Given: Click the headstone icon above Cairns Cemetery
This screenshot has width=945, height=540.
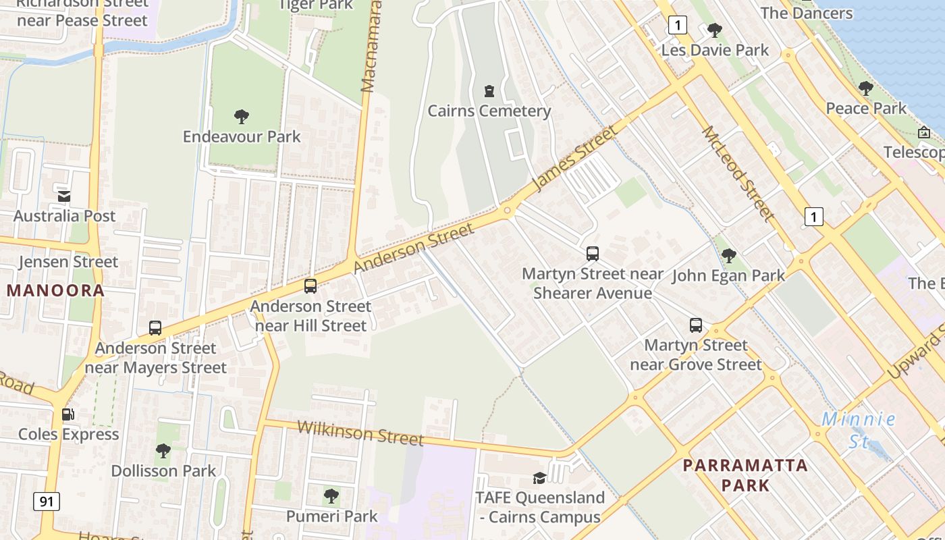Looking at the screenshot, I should tap(489, 90).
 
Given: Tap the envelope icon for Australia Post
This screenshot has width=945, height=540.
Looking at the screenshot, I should tap(64, 196).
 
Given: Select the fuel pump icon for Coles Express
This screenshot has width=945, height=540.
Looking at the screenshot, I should tap(68, 414).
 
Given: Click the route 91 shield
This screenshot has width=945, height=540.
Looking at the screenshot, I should tap(46, 502).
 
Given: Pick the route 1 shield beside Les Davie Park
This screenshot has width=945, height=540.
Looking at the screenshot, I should tap(678, 26).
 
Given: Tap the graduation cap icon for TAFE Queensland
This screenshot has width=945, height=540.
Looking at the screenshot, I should tap(539, 478).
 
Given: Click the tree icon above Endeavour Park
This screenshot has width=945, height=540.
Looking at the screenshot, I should tap(242, 117).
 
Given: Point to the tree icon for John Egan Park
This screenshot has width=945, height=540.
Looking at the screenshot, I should tap(728, 255).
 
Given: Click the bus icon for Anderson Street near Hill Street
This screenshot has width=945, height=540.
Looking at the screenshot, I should tap(310, 286).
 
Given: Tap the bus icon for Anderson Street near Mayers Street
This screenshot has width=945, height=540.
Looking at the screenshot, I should tap(155, 328).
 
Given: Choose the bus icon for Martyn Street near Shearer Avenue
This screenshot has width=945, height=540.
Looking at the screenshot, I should tap(593, 254).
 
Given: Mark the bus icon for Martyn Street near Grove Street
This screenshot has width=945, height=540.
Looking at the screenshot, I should tap(696, 325).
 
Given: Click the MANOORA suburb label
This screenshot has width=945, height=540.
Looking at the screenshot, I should tap(56, 291).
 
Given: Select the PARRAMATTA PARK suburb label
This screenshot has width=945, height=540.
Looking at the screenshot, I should tap(745, 475).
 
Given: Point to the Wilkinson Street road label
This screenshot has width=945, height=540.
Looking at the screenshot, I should tap(360, 433).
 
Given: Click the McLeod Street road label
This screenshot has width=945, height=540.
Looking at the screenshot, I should tap(738, 174).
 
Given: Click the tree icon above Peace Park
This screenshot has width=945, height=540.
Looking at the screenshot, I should tap(866, 88).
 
